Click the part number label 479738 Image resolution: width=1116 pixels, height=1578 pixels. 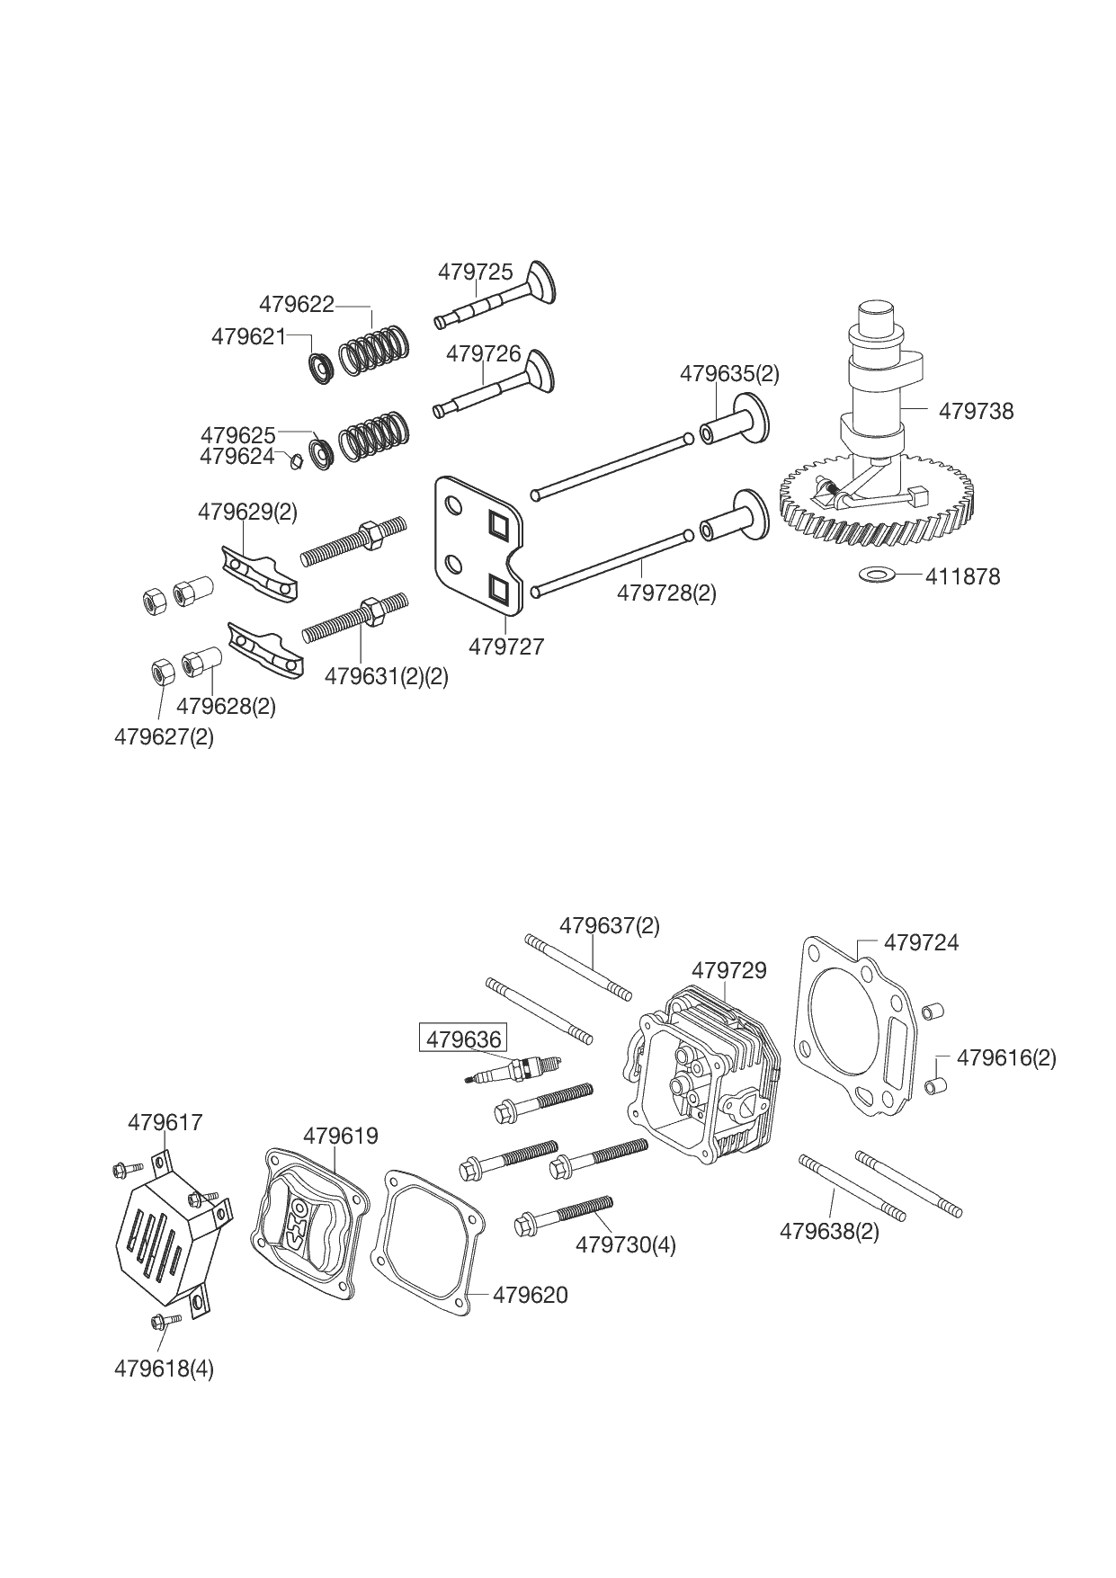[x=976, y=411]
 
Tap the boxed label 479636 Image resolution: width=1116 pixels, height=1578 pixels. [x=463, y=1039]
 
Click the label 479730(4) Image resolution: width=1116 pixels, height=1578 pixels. [x=625, y=1244]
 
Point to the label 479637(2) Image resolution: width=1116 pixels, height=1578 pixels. [x=609, y=925]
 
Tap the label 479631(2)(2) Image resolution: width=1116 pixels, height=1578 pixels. [x=386, y=675]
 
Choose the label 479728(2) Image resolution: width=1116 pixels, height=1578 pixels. [x=665, y=593]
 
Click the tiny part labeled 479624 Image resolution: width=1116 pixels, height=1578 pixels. [x=294, y=462]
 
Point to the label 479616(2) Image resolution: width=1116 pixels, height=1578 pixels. [x=1005, y=1057]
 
